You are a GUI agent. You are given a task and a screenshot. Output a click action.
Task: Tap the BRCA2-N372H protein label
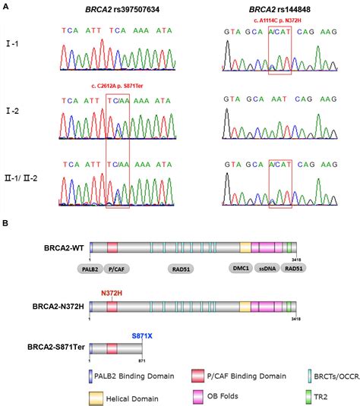pos(57,306)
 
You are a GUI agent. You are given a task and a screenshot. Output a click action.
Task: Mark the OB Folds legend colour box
pos(200,395)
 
